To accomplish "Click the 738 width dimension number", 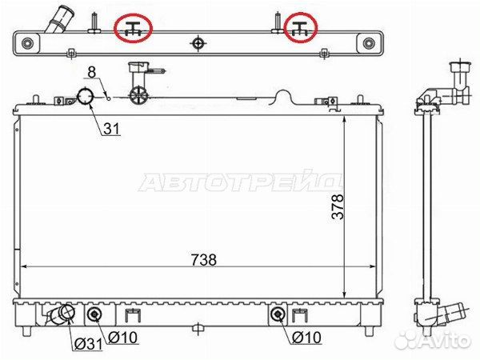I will click(205, 259).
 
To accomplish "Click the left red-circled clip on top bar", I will click(134, 29).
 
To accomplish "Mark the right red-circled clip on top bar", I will click(300, 29).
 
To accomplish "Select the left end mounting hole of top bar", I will click(28, 43).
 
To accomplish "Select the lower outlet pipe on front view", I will click(61, 316).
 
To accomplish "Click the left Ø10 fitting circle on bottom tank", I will click(95, 314).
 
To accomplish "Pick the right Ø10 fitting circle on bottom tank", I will click(278, 314).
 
